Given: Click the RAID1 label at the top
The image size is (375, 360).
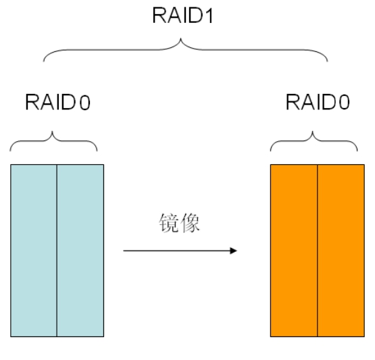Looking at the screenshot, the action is (x=182, y=16).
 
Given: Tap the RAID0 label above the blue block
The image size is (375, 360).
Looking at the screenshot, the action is (x=57, y=102).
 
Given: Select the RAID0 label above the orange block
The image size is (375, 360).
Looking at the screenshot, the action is (x=318, y=102).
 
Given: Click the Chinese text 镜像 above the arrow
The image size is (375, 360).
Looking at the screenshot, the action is (x=179, y=223).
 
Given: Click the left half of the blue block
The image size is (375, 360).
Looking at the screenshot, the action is (x=34, y=251).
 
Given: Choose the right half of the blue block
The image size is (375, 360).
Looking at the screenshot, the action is (x=80, y=251).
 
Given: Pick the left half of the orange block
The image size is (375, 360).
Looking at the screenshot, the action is (x=294, y=251).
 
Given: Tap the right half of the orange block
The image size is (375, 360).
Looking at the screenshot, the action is (x=341, y=251).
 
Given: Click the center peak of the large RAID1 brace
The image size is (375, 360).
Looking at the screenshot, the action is (x=181, y=38).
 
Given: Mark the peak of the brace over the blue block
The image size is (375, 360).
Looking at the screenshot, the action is (x=52, y=132).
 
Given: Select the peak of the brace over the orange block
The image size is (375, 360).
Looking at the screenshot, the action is (x=312, y=132).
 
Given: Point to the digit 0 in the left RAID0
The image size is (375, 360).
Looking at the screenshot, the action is (x=85, y=103).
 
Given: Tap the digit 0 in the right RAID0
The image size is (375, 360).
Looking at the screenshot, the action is (x=345, y=102).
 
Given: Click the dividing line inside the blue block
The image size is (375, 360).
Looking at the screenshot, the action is (x=57, y=251).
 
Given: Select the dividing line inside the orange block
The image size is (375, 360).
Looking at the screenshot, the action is (x=318, y=251).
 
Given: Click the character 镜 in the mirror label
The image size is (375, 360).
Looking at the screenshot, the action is (x=169, y=223).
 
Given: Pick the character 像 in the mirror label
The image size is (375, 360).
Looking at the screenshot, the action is (x=190, y=223).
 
